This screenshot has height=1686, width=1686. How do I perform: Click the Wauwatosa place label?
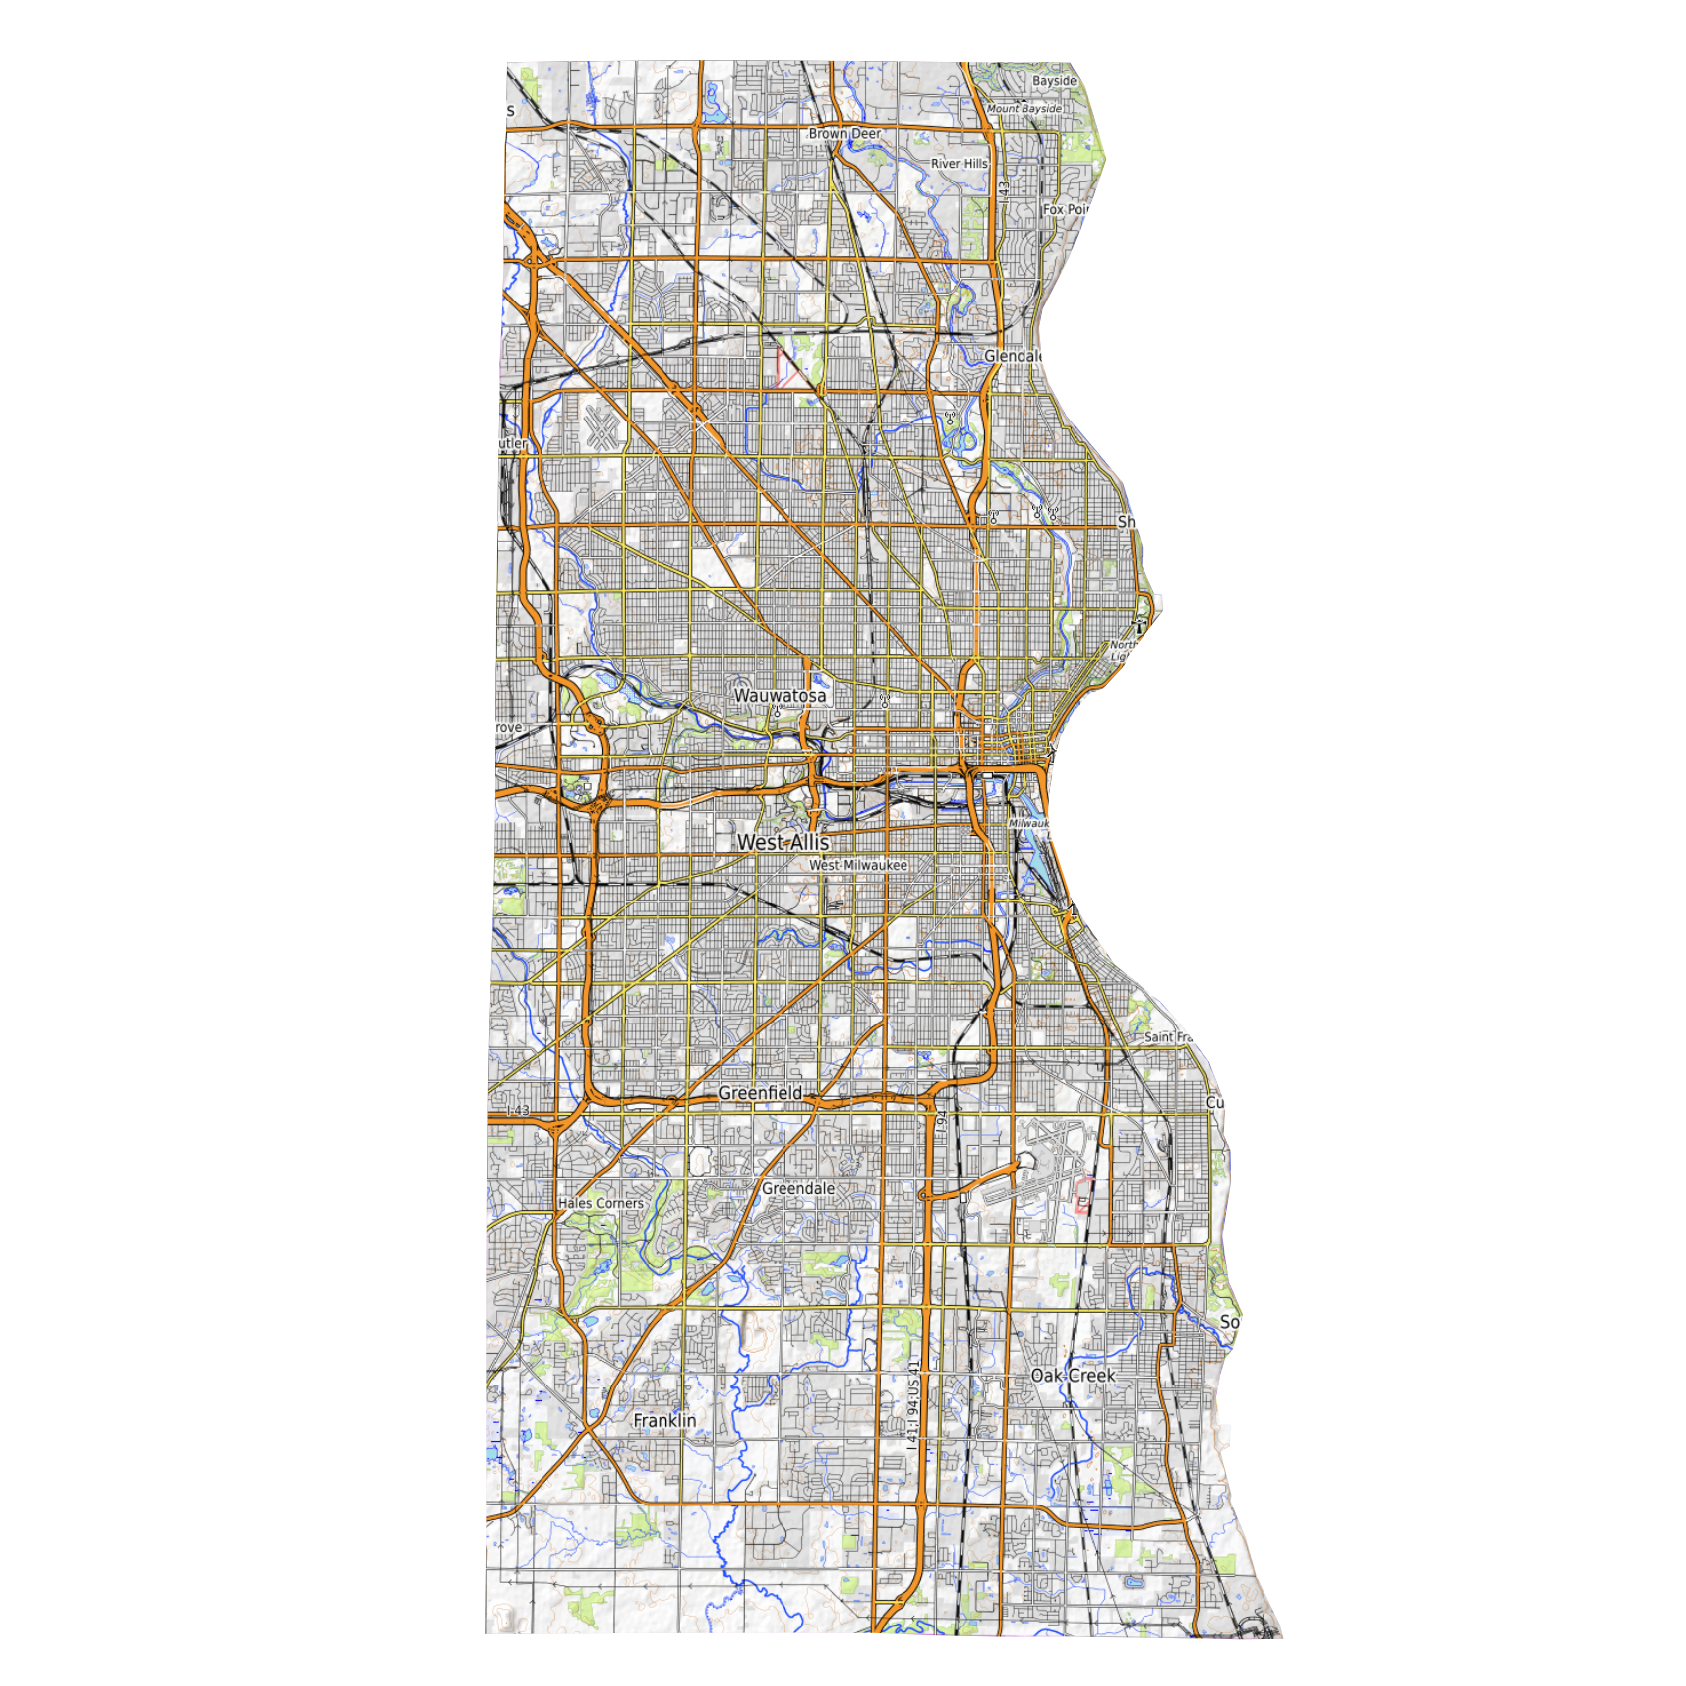780,696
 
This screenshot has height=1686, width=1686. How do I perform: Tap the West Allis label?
783,842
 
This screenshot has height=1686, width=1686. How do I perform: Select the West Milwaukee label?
858,865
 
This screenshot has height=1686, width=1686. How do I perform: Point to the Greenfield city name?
761,1093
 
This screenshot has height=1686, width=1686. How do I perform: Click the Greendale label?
797,1188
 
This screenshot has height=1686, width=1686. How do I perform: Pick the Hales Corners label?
601,1203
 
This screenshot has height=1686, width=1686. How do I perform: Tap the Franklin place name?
664,1421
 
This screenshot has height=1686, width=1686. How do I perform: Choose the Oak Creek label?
1073,1376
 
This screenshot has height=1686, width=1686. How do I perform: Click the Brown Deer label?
844,133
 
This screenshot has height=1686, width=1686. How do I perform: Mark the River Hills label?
959,164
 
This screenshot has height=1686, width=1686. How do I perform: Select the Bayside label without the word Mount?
1054,81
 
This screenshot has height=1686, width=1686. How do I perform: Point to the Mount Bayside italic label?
1024,109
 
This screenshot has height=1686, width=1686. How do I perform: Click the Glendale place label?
1013,356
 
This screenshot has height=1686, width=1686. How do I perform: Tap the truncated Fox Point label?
1065,210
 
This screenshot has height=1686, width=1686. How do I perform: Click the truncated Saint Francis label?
1168,1037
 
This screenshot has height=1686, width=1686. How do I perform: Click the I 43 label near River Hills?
1004,191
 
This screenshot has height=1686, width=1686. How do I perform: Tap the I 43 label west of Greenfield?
517,1111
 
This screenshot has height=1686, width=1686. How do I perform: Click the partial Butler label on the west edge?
512,444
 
